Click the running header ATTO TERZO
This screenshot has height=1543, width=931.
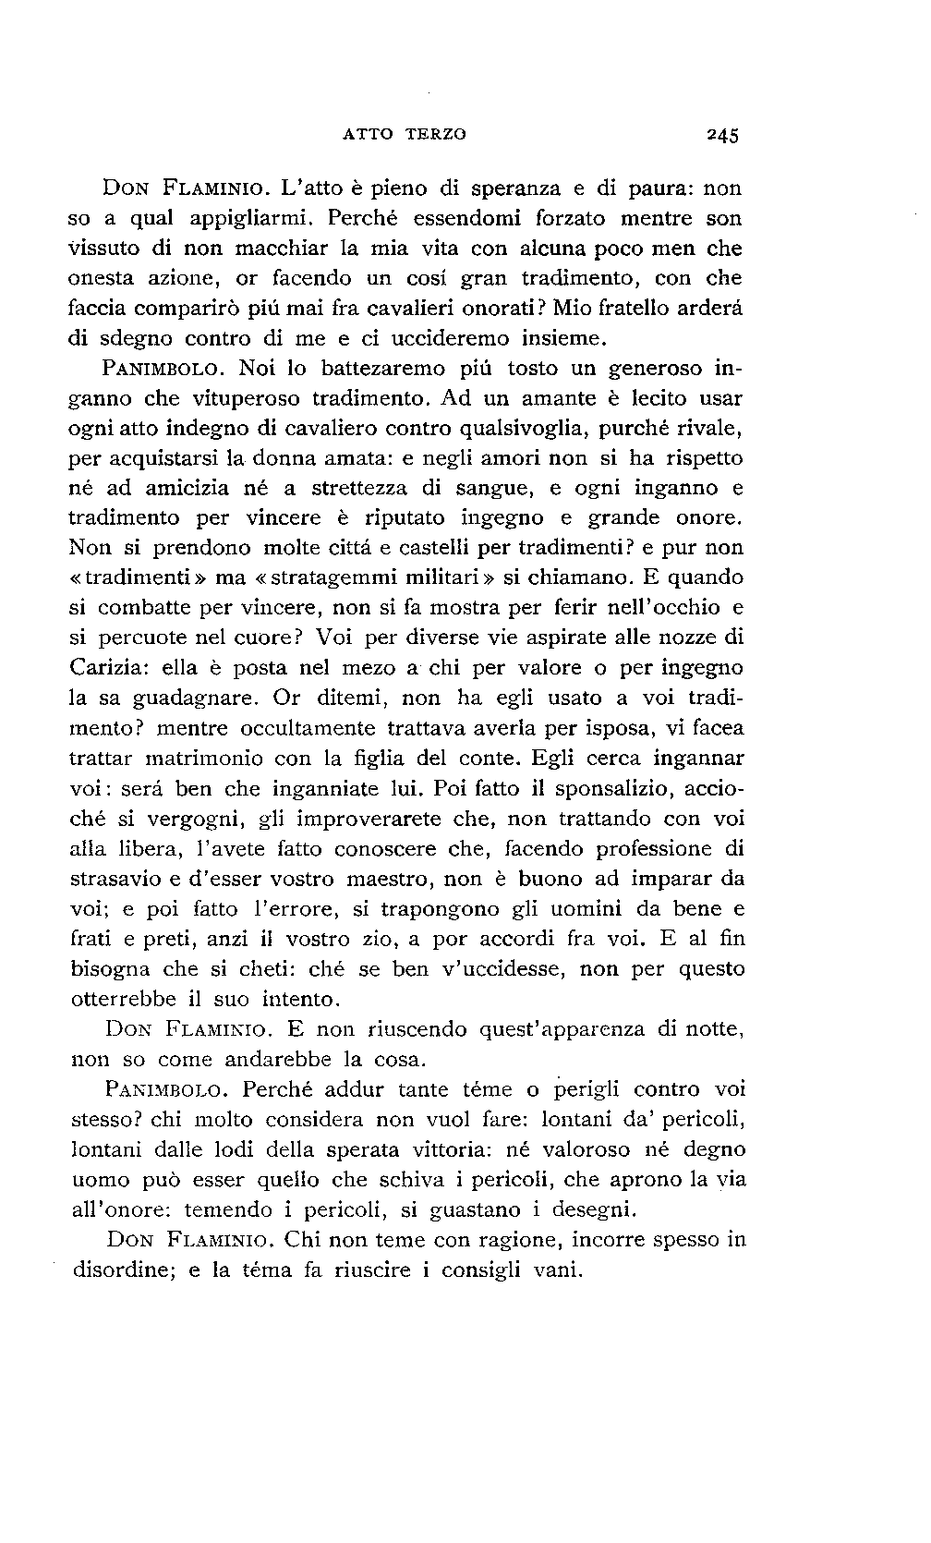coord(405,134)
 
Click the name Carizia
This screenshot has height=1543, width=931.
coord(108,668)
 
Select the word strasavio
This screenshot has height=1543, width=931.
coord(115,879)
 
